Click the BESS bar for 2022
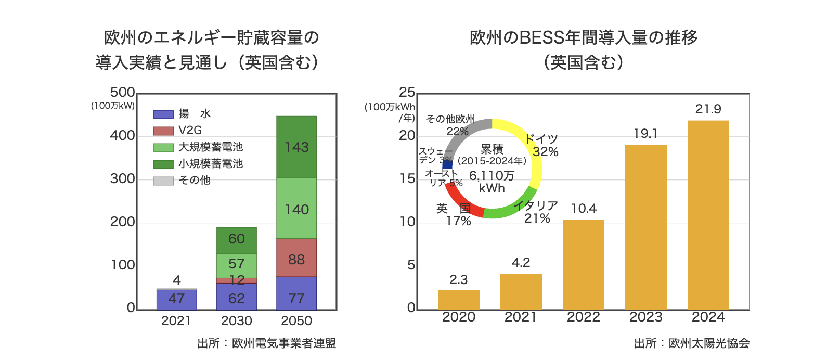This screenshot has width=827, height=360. pos(583,265)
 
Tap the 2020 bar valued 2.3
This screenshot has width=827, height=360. pos(458,300)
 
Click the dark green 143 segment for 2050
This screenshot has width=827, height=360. pos(296,147)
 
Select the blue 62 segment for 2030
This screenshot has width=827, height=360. pos(237,297)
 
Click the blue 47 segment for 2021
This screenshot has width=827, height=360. pos(177,299)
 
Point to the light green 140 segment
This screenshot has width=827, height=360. pos(296,209)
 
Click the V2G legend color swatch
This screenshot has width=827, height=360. pos(163,131)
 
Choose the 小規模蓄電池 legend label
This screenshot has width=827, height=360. pos(211,164)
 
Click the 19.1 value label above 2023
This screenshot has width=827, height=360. pos(645,134)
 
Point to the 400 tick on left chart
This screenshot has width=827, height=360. pos(122,136)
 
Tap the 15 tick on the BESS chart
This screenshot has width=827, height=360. pos(407,179)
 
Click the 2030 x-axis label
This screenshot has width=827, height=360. pos(237,321)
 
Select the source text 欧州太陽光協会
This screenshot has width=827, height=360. pos(709,343)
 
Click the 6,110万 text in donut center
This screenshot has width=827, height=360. pos(492,176)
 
